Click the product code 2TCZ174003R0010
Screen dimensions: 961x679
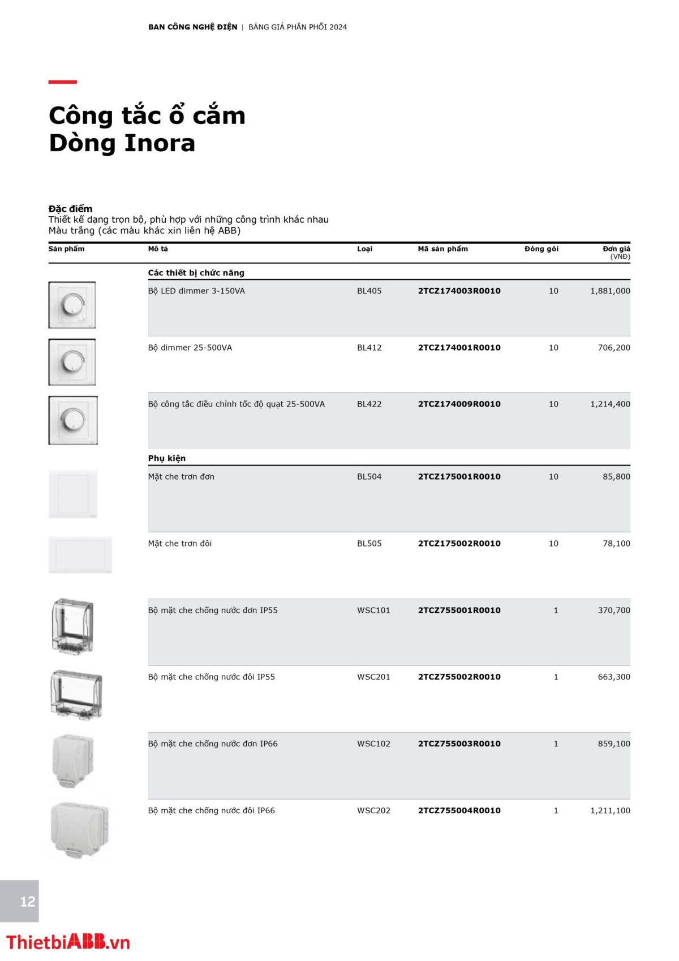pos(459,291)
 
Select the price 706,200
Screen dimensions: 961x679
pos(613,348)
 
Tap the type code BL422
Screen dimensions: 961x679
pos(369,404)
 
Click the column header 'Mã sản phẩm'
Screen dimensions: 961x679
pos(442,249)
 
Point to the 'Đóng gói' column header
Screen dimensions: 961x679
pos(541,249)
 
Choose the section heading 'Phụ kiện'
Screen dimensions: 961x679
pos(167,458)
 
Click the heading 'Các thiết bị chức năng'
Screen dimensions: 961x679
pos(196,273)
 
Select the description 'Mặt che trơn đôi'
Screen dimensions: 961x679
pos(180,544)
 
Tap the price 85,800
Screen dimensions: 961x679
pos(616,477)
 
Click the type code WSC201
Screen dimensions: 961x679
pos(373,677)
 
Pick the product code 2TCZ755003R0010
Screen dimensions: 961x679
pos(459,744)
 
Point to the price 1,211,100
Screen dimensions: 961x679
pos(610,811)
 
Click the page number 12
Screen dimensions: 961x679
pos(27,902)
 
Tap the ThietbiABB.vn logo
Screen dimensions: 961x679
pos(68,942)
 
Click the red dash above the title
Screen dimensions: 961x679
pos(62,82)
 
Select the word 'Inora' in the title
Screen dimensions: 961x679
pos(160,143)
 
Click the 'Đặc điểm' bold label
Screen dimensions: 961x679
pos(70,208)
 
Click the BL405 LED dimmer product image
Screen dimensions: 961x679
pos(72,305)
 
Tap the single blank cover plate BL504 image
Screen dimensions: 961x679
pos(73,494)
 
